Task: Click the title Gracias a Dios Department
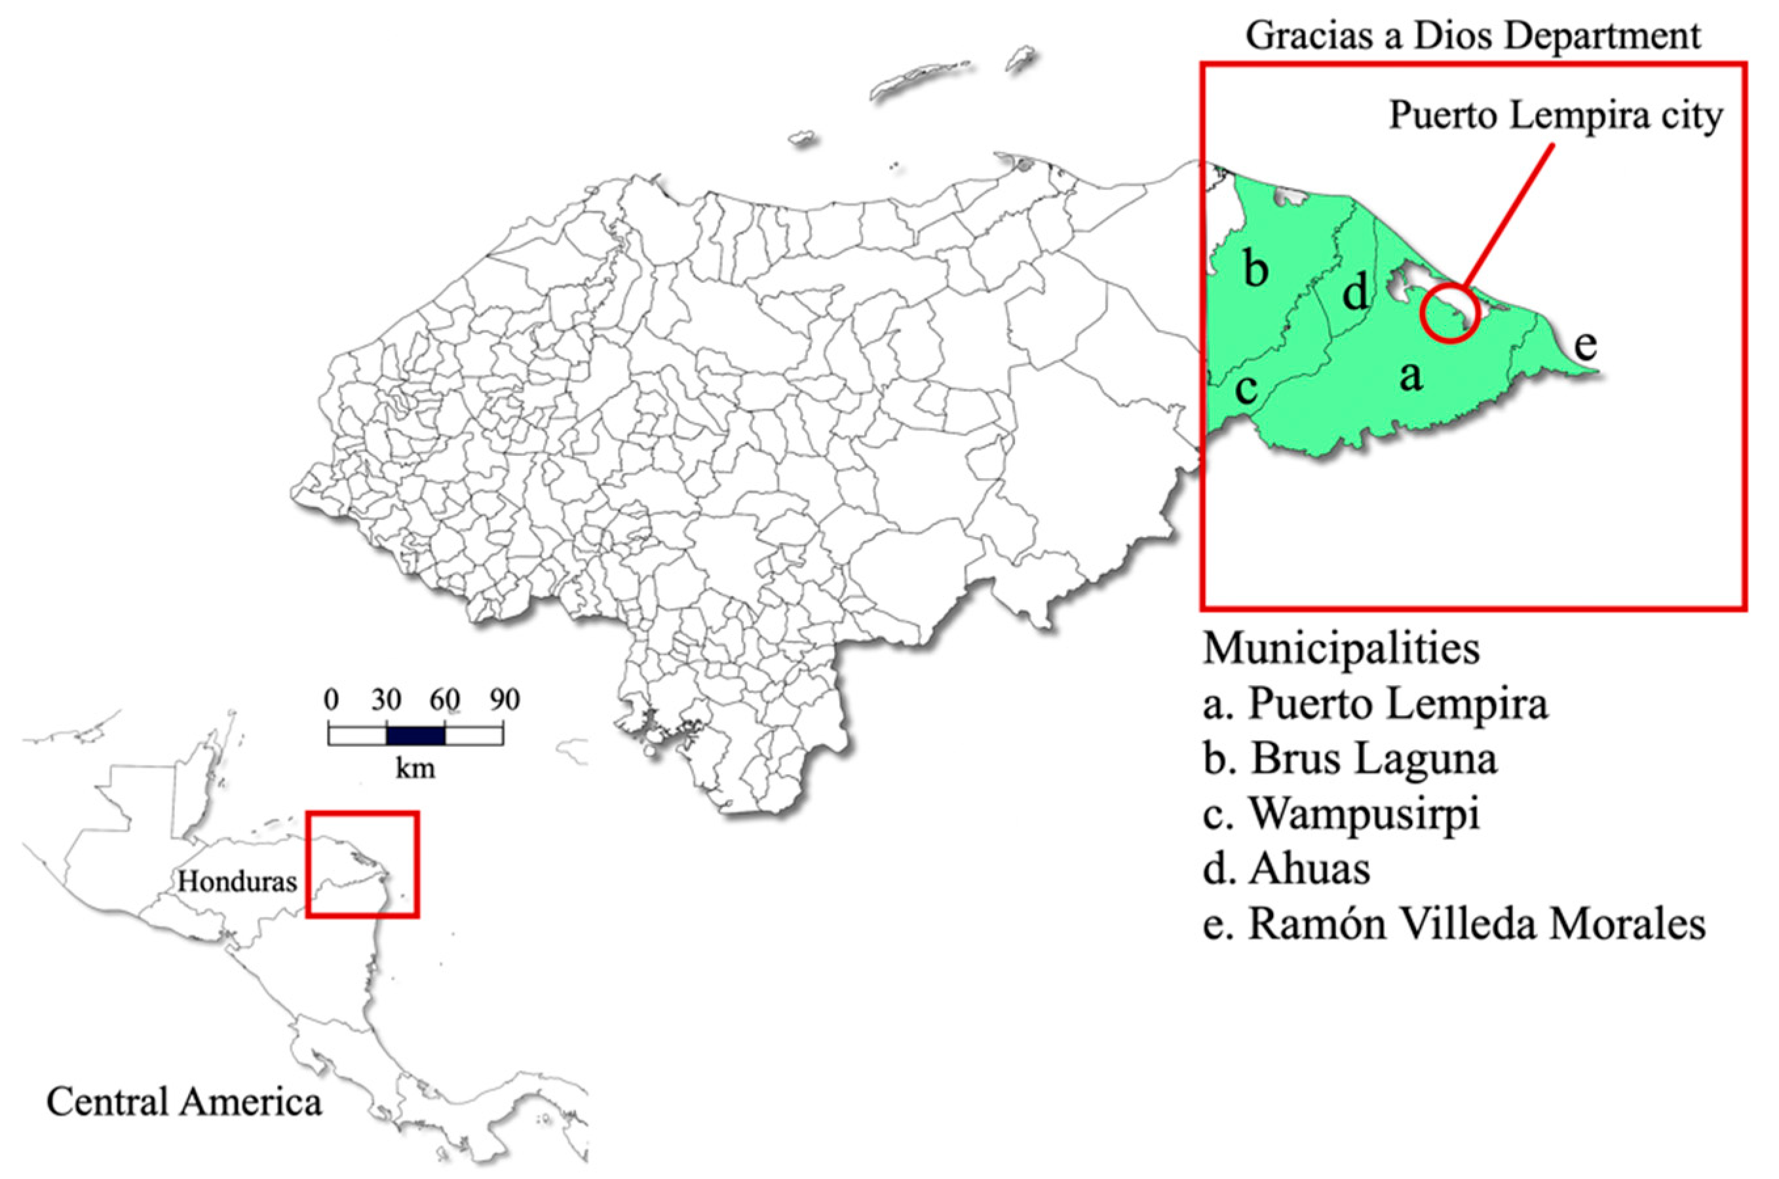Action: [1472, 36]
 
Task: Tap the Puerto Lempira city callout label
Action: [1555, 117]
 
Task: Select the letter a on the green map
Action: [1411, 375]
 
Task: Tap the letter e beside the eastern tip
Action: [1586, 345]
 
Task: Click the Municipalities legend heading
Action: [1341, 648]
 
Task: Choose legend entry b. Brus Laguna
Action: [1350, 758]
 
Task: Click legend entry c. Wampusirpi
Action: [1341, 814]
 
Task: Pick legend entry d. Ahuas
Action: [1286, 869]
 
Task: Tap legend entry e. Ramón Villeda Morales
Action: [1454, 924]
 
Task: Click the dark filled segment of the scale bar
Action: [415, 734]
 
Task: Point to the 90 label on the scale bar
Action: [504, 701]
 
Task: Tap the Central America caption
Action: [184, 1102]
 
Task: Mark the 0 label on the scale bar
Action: [331, 701]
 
